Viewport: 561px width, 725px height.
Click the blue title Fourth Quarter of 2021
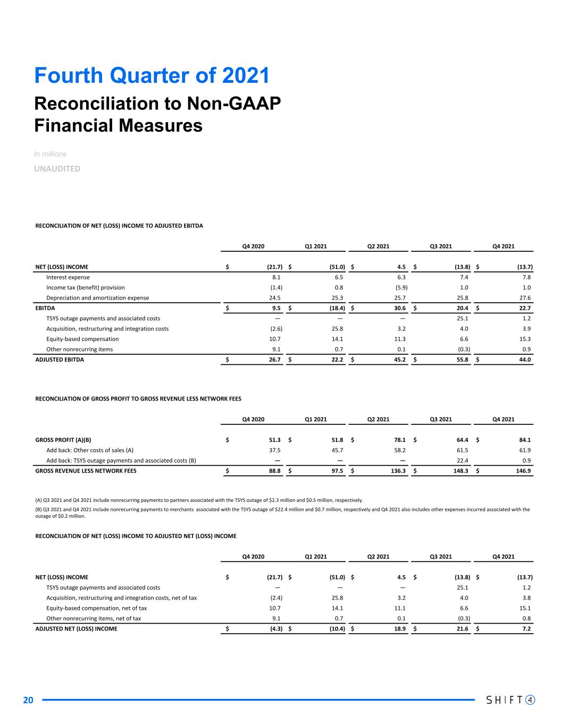[x=152, y=75]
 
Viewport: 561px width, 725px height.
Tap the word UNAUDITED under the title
[x=57, y=169]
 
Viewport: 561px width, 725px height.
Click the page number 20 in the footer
[x=28, y=700]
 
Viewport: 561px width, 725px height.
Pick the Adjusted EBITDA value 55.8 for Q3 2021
[x=462, y=360]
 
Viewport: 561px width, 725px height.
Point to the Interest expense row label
[x=68, y=277]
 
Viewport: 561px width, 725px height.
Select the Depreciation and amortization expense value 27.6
[x=524, y=298]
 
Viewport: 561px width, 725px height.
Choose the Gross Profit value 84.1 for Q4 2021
[x=524, y=440]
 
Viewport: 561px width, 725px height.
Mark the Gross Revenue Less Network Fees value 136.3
[x=397, y=471]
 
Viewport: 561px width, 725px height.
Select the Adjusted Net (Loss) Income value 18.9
[x=399, y=629]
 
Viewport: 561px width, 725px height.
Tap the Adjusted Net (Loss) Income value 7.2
[x=526, y=629]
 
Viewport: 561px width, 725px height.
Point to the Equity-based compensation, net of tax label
[x=97, y=608]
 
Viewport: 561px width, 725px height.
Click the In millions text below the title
[x=50, y=154]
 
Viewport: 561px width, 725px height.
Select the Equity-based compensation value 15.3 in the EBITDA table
[x=524, y=339]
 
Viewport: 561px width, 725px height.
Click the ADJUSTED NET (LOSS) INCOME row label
[x=76, y=629]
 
